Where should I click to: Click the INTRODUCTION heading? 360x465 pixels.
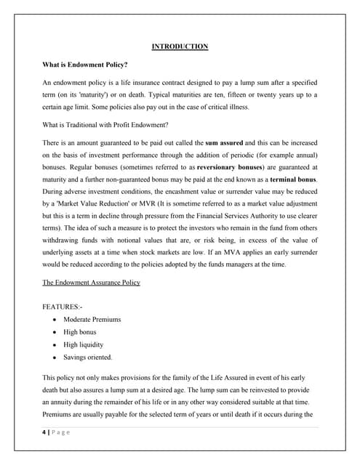click(x=180, y=46)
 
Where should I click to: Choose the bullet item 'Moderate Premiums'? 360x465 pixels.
click(x=92, y=320)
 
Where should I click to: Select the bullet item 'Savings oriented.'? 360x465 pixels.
click(x=89, y=357)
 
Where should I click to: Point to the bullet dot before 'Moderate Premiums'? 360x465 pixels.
click(x=56, y=320)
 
